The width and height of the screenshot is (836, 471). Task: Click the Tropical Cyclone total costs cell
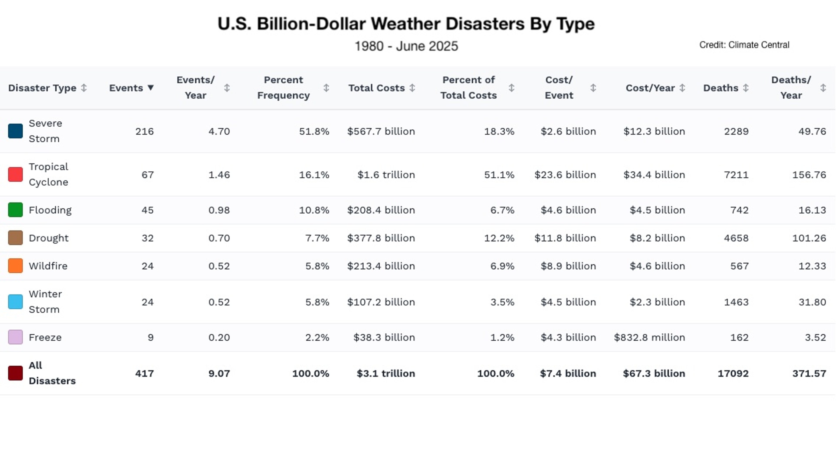386,175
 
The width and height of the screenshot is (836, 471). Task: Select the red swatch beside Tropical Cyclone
15,174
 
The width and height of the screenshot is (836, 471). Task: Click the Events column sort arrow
150,88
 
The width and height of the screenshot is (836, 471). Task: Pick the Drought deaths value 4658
736,238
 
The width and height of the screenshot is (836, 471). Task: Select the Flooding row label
50,210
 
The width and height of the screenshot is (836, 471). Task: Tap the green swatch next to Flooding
15,210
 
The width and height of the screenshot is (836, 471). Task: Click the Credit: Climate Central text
744,45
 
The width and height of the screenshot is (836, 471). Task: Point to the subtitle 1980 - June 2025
406,46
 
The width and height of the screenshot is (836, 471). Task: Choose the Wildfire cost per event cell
568,266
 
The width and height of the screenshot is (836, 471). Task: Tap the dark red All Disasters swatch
15,373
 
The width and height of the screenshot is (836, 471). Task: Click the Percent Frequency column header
283,88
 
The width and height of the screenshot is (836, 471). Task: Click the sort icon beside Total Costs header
412,88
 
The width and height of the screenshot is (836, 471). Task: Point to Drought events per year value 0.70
219,238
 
